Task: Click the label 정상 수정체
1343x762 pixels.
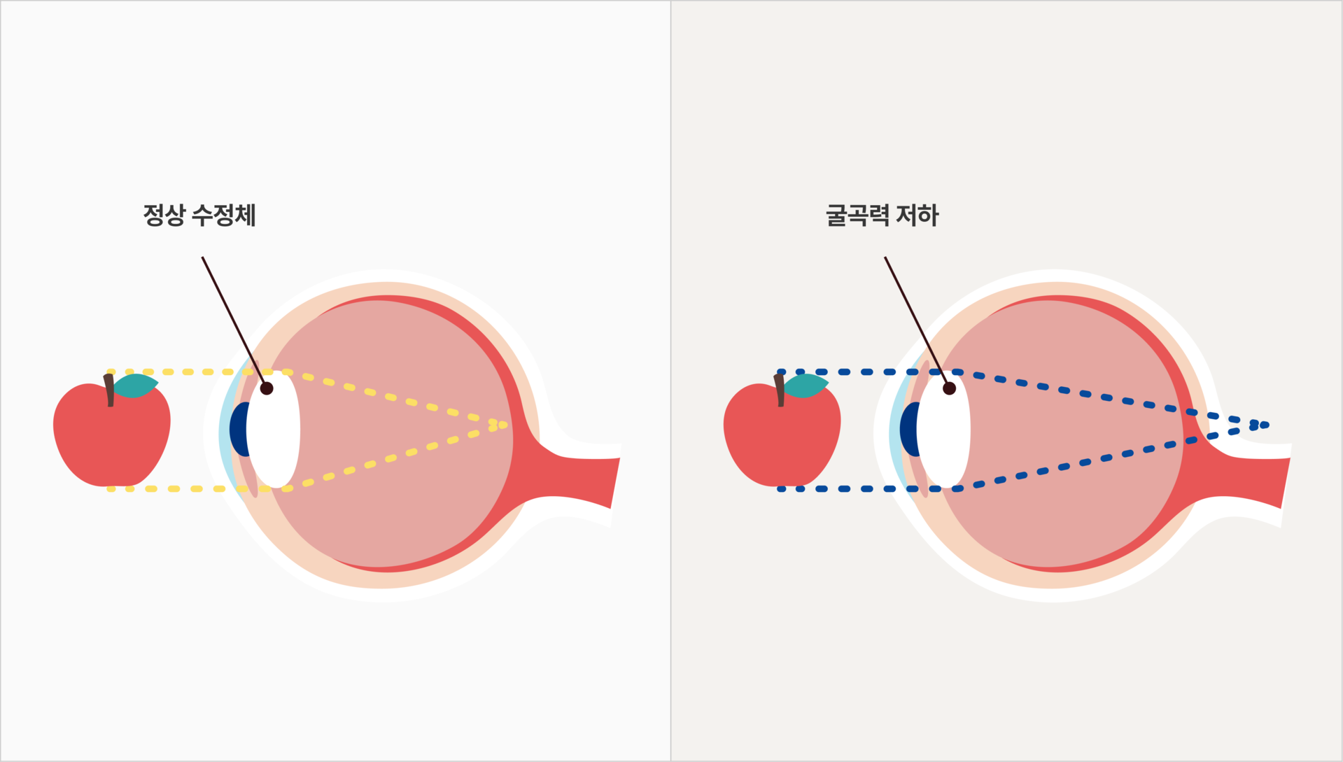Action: tap(199, 215)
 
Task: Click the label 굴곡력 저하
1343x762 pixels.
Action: tap(882, 215)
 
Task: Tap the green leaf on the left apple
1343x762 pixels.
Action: tap(136, 385)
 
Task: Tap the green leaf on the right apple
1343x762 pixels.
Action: tap(806, 385)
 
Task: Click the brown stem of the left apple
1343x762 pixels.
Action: tap(109, 390)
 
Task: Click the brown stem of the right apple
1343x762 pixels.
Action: tap(780, 390)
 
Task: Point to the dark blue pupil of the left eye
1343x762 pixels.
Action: tap(239, 429)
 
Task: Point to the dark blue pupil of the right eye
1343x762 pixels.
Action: tap(908, 429)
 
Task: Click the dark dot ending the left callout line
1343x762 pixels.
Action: tap(267, 388)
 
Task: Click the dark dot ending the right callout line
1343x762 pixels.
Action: tap(949, 388)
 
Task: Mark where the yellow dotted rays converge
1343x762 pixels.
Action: tap(502, 425)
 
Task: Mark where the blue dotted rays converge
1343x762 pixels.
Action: tap(1260, 425)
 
